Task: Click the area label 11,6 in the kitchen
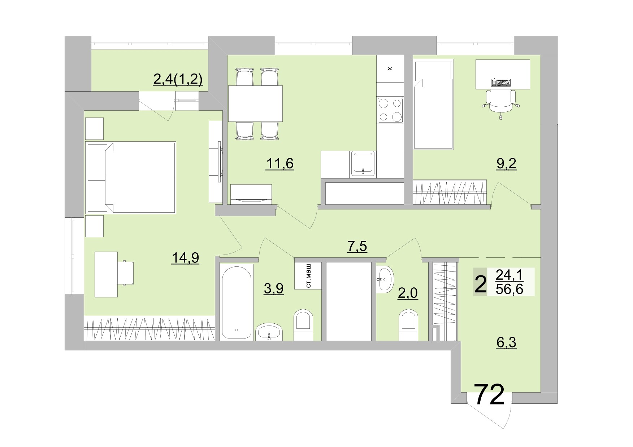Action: click(279, 164)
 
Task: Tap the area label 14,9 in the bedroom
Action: click(185, 258)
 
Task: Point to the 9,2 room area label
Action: click(506, 164)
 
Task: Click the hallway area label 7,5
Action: click(357, 247)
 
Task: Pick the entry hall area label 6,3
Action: click(506, 343)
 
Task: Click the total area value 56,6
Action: click(509, 289)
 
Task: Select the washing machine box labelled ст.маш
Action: click(308, 275)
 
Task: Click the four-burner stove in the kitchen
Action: click(390, 110)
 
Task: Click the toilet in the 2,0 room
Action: click(408, 324)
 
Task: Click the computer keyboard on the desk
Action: click(501, 83)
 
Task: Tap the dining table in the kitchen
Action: click(255, 103)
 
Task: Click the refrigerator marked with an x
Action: click(390, 68)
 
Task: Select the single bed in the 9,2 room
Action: click(433, 108)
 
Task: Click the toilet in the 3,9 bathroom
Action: click(303, 324)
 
